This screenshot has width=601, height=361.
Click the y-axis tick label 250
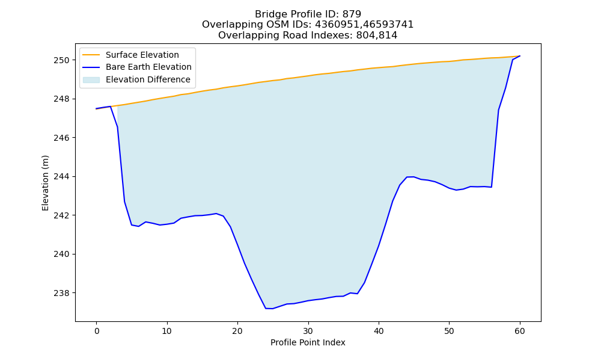(x=61, y=60)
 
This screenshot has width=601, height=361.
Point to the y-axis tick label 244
(x=61, y=176)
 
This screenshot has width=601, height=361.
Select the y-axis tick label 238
(x=61, y=293)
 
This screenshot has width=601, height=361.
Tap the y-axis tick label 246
(x=61, y=138)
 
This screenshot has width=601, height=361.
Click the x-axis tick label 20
(x=237, y=331)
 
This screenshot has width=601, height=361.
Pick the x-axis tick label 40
(x=379, y=331)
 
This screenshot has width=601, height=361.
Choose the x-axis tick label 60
(x=520, y=331)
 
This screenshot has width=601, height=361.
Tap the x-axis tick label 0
(x=97, y=331)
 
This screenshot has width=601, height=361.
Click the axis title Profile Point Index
(x=308, y=342)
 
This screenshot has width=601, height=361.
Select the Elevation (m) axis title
(x=45, y=183)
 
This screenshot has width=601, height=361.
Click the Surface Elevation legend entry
(x=142, y=55)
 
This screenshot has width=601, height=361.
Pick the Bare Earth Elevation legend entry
(x=148, y=67)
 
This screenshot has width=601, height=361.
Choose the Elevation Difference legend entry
(x=148, y=79)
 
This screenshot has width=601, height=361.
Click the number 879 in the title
(x=352, y=14)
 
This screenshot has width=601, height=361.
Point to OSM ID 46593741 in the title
(x=389, y=25)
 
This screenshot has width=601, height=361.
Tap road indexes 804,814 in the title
(x=377, y=35)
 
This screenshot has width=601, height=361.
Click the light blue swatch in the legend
(x=91, y=80)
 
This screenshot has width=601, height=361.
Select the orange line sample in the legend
(x=91, y=55)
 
